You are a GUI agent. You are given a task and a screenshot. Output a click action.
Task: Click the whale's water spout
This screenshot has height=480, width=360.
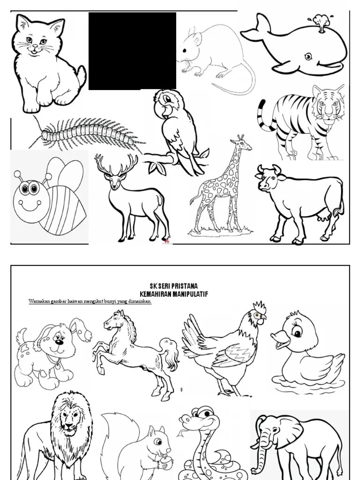321,22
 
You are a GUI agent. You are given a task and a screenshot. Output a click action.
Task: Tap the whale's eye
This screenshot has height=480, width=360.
308,56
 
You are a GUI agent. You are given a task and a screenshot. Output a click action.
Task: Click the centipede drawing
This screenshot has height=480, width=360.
87,133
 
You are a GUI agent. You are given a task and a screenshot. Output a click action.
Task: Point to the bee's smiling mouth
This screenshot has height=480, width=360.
30,206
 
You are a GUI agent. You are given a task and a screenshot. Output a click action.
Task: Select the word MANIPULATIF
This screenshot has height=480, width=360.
190,294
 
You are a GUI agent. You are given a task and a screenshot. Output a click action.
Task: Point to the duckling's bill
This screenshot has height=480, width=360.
280,339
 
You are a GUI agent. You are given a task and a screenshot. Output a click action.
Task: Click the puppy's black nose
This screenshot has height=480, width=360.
60,342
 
